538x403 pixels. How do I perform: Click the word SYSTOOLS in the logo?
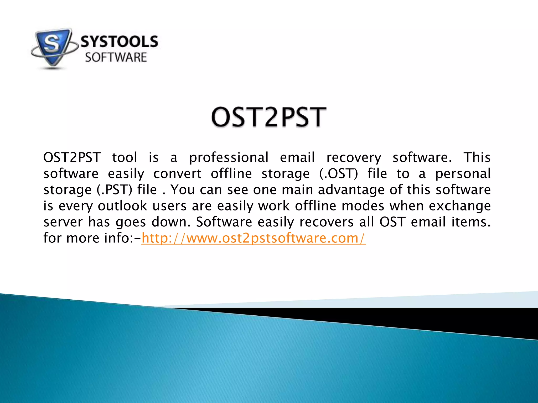coord(119,42)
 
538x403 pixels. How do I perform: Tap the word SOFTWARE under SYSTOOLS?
coord(116,57)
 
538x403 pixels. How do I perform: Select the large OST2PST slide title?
coord(269,117)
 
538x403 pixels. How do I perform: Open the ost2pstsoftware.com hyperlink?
coord(253,238)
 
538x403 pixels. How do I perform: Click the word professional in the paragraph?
coord(229,158)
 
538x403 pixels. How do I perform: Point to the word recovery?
coord(354,158)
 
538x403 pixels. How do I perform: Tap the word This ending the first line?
coord(477,157)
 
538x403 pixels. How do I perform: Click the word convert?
coord(177,174)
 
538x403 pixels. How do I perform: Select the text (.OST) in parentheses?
coord(338,174)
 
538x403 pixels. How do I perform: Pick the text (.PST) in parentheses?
coord(114,190)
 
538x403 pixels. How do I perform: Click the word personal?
coord(463,174)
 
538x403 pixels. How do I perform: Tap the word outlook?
coord(122,206)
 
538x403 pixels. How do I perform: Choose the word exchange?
coord(460,206)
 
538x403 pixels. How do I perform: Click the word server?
coord(63,222)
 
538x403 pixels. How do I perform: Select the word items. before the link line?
coord(471,222)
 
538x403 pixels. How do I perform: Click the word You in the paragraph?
coord(183,190)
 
